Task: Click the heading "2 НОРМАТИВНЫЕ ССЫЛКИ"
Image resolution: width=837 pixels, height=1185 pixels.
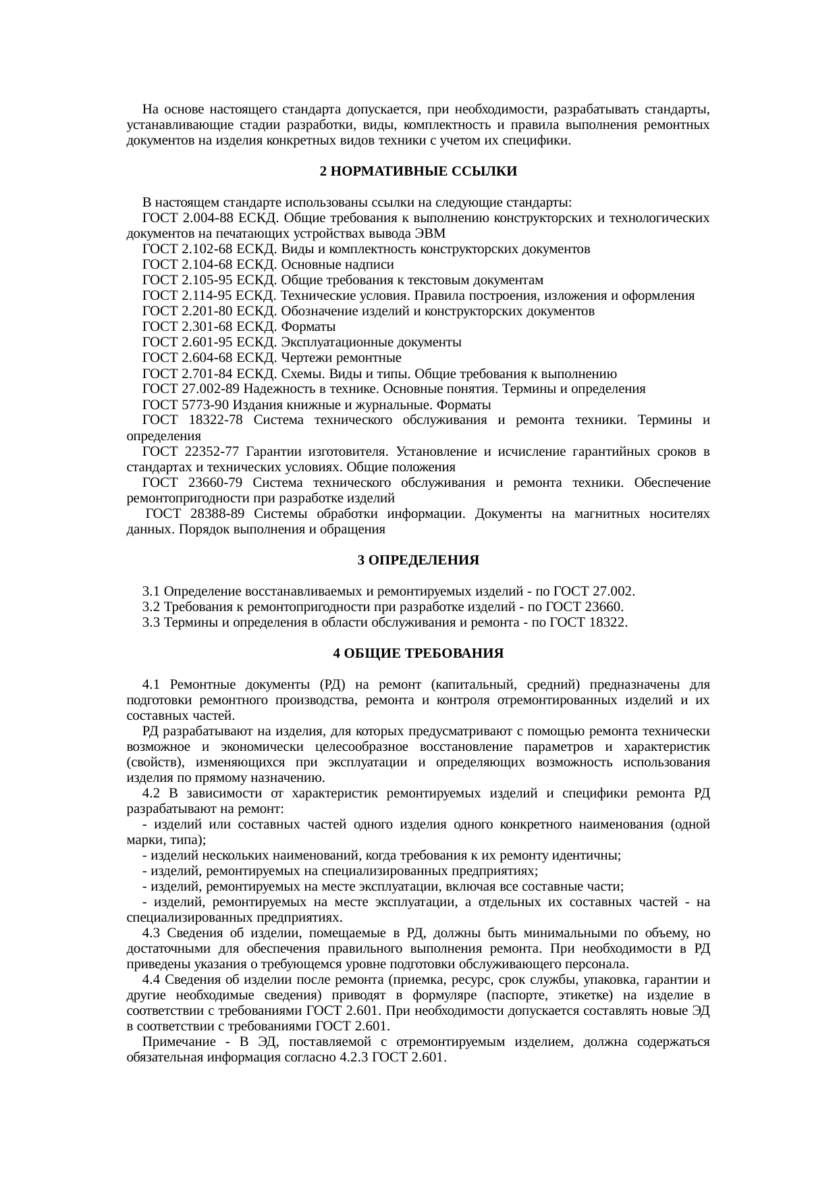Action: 418,172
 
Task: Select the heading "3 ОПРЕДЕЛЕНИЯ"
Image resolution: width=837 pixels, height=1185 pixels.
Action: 418,560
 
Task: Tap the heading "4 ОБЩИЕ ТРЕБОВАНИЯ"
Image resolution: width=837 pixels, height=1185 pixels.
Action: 418,654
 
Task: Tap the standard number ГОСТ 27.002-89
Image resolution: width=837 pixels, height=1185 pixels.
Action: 191,390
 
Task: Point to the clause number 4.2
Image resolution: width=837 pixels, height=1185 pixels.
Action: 151,793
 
